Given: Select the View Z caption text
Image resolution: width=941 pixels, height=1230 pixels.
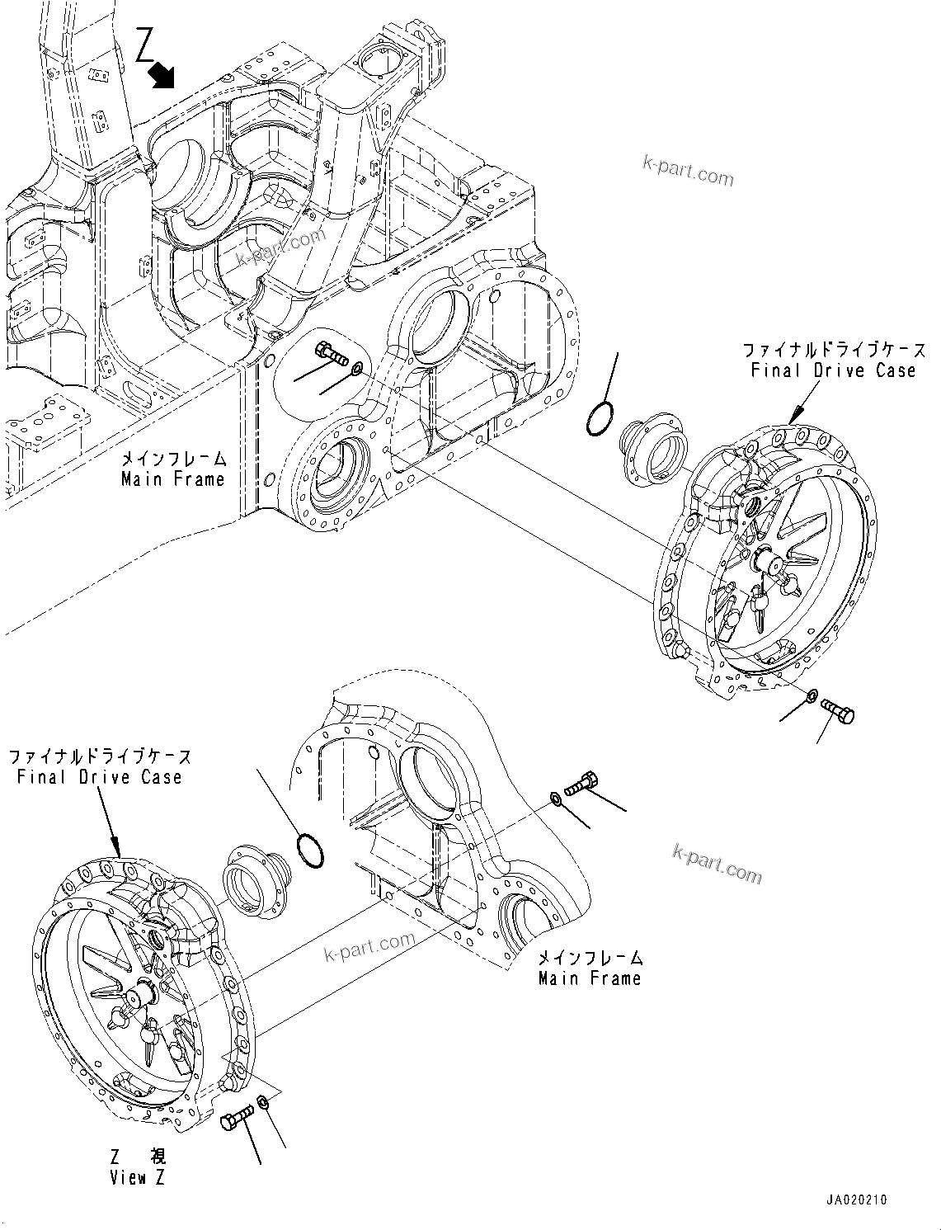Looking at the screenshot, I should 138,1177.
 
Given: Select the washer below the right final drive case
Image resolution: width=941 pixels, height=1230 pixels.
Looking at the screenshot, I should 812,697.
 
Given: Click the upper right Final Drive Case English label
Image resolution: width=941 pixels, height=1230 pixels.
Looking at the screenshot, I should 833,370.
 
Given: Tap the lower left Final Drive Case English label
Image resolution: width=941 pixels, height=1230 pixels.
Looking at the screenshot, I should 99,776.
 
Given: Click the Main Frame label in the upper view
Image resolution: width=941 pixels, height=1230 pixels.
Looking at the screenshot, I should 173,478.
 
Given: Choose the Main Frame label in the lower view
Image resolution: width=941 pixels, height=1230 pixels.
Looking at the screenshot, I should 590,978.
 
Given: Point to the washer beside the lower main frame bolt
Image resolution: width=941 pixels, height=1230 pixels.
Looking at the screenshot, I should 555,798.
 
